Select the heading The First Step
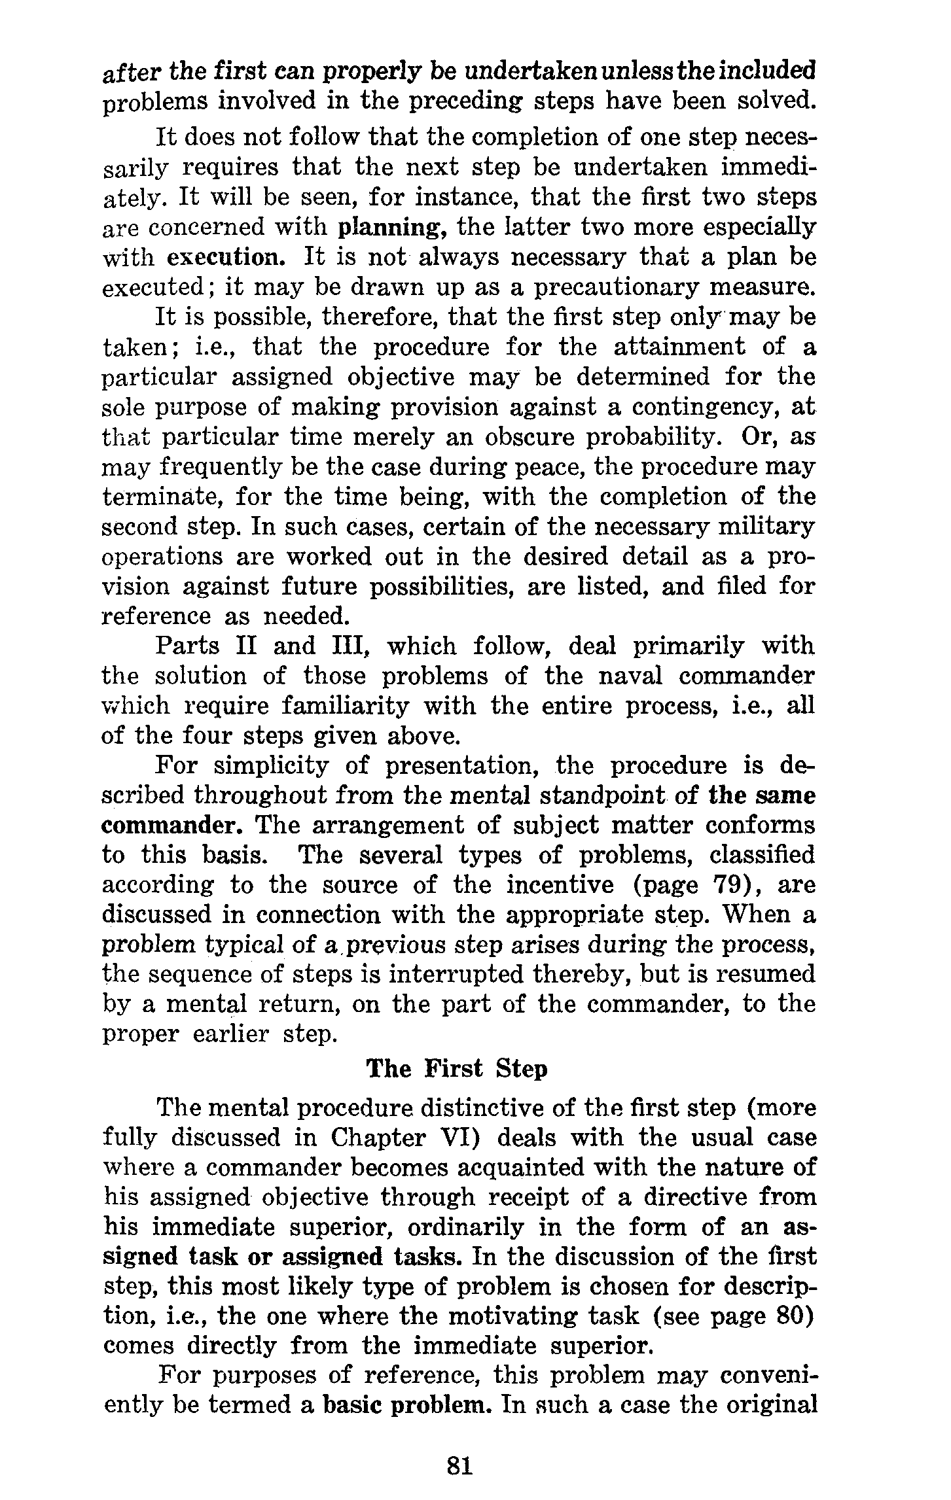pos(456,1069)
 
